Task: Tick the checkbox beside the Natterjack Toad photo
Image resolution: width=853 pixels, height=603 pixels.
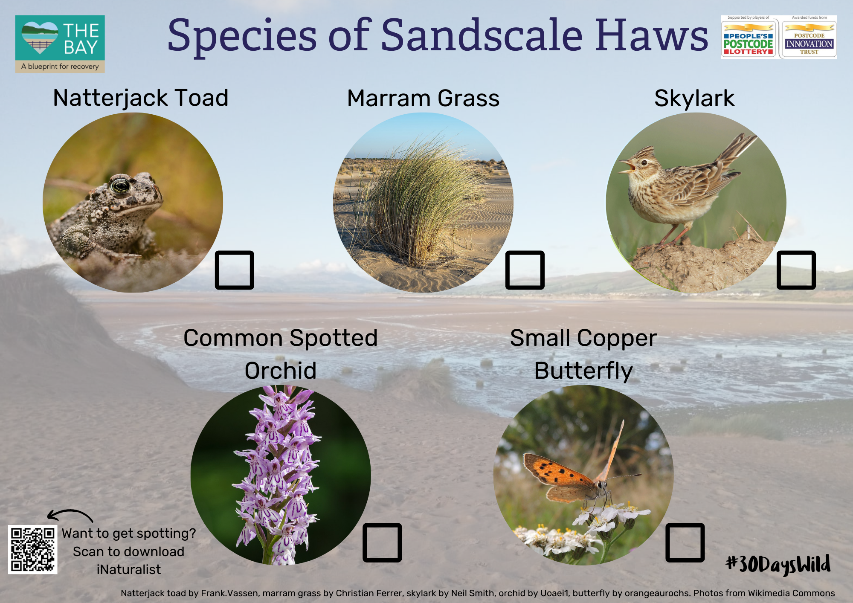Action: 235,270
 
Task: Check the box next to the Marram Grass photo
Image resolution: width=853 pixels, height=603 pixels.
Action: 525,270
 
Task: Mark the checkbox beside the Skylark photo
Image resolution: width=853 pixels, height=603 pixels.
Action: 796,270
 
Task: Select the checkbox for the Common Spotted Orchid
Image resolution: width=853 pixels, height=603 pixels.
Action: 382,542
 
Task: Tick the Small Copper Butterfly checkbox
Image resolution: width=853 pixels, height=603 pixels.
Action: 685,542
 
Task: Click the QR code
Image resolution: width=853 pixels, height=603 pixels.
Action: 33,549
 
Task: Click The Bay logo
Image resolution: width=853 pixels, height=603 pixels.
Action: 60,44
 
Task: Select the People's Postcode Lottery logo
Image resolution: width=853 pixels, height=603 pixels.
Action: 749,38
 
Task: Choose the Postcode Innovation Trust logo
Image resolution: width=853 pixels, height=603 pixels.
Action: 809,38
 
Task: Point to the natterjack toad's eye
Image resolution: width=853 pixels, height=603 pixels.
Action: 120,185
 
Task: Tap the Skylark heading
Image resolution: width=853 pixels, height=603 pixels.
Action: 694,99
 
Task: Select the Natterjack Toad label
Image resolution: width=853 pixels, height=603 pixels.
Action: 141,99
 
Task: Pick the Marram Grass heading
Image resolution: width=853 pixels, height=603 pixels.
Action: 423,99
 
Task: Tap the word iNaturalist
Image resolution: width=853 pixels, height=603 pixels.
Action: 129,570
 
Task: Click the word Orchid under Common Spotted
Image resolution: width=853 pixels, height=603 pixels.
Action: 281,371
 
